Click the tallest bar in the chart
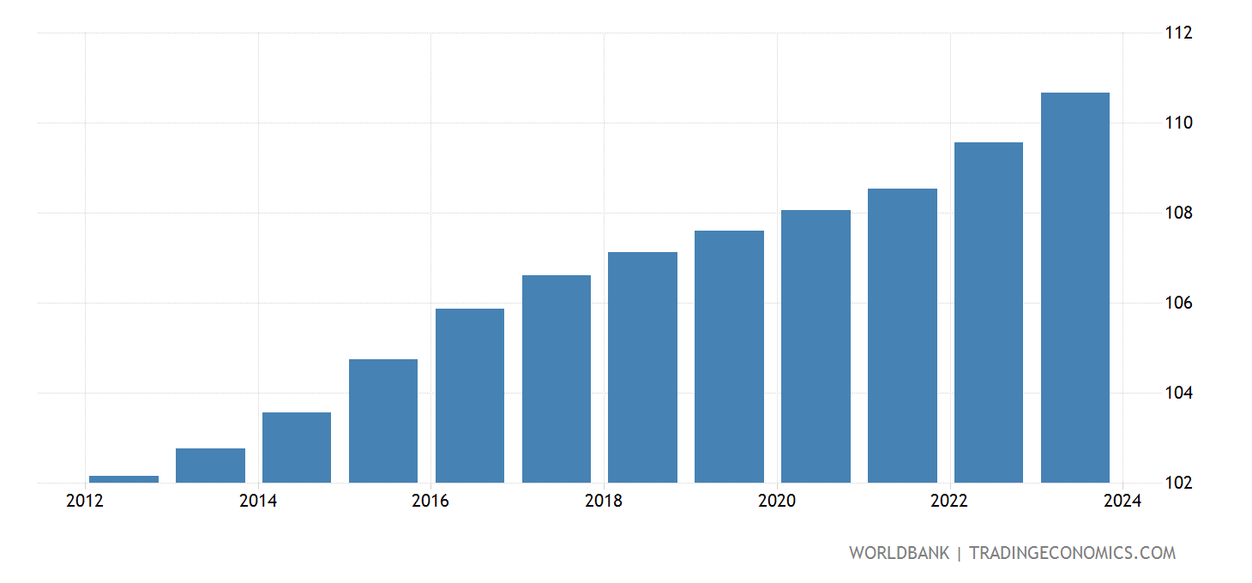[x=1074, y=287]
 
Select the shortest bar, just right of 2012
[x=124, y=478]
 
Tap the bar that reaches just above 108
[x=816, y=346]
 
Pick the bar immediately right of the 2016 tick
[x=470, y=395]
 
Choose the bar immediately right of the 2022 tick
[x=988, y=312]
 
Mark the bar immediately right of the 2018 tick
[x=642, y=367]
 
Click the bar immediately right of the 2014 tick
[x=297, y=447]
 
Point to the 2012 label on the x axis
[x=84, y=502]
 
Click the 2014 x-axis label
[x=258, y=502]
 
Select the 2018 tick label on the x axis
[x=604, y=502]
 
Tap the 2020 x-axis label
[x=777, y=502]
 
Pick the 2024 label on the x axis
[x=1123, y=502]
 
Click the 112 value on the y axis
[x=1178, y=33]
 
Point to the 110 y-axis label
[x=1178, y=123]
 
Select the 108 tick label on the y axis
[x=1178, y=213]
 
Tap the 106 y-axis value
[x=1178, y=304]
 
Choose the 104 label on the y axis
[x=1178, y=394]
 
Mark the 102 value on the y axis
[x=1178, y=483]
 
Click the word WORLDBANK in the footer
[x=899, y=553]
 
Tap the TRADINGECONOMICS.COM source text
[x=1072, y=553]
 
